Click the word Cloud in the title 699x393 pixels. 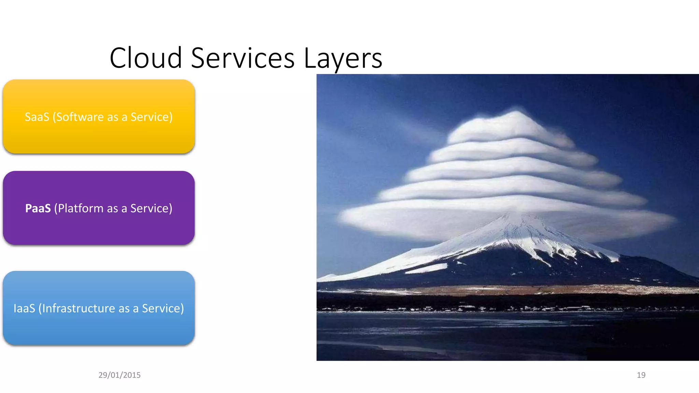[146, 58]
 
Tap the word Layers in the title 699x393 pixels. [343, 59]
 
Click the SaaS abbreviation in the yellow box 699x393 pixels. [37, 117]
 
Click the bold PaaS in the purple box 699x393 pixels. [38, 208]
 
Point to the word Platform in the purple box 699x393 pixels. [81, 208]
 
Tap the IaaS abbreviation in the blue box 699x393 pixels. [24, 308]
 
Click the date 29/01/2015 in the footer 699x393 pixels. [119, 375]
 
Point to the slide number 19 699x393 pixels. [641, 375]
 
